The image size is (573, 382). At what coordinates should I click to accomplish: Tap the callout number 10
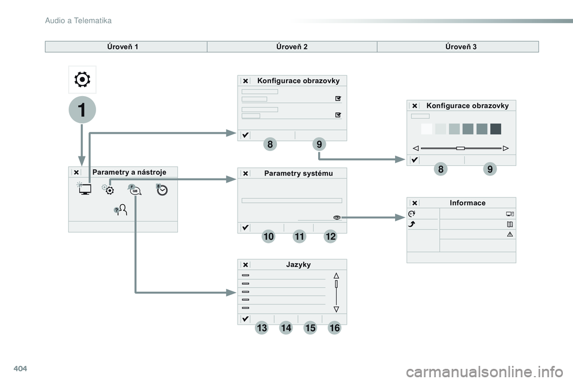pyautogui.click(x=268, y=237)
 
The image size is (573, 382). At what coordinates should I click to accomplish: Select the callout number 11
pyautogui.click(x=300, y=237)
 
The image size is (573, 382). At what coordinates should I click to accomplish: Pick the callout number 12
pyautogui.click(x=331, y=237)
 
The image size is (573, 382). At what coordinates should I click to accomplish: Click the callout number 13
pyautogui.click(x=261, y=328)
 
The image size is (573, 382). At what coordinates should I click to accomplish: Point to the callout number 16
pyautogui.click(x=334, y=328)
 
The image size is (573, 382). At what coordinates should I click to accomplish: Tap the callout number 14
pyautogui.click(x=285, y=328)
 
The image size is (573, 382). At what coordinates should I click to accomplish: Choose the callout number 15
pyautogui.click(x=310, y=328)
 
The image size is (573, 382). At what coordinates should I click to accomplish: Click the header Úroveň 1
pyautogui.click(x=125, y=47)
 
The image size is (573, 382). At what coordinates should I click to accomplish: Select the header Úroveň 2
pyautogui.click(x=292, y=47)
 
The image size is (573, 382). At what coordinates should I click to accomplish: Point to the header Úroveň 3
pyautogui.click(x=461, y=47)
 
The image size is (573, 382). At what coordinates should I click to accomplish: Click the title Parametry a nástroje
pyautogui.click(x=129, y=172)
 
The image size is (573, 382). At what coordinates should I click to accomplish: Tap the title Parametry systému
pyautogui.click(x=298, y=174)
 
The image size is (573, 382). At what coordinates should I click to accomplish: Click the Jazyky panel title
pyautogui.click(x=298, y=264)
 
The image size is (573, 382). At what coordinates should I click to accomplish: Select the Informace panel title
pyautogui.click(x=467, y=203)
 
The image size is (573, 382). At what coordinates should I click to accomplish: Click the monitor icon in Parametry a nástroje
pyautogui.click(x=84, y=190)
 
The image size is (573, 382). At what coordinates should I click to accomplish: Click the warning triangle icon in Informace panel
pyautogui.click(x=510, y=234)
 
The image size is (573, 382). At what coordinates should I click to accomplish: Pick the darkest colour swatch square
pyautogui.click(x=495, y=129)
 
